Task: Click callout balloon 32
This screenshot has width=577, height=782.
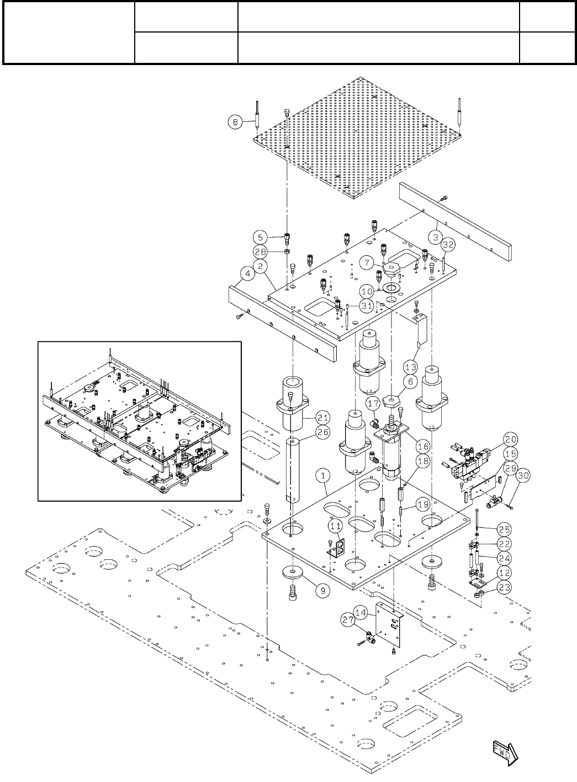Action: [x=448, y=244]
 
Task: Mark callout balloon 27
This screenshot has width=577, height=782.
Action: [x=347, y=619]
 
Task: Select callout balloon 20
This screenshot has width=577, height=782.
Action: [x=511, y=439]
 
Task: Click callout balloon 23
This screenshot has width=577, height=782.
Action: [x=504, y=587]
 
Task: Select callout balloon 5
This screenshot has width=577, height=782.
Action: [x=260, y=238]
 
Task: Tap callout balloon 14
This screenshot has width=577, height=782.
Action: [x=361, y=612]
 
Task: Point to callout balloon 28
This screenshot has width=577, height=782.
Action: [x=260, y=251]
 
